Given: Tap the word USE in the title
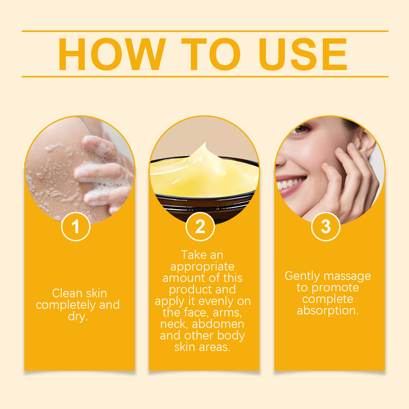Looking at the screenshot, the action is (303, 54).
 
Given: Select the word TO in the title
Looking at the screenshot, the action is (211, 54).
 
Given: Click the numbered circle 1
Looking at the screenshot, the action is (76, 226).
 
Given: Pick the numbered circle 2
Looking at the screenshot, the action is (200, 226).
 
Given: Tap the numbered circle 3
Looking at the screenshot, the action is (326, 226).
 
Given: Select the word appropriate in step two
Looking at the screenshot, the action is (202, 267).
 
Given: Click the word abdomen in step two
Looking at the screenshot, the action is (218, 324).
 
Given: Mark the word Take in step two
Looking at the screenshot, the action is (191, 255).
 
